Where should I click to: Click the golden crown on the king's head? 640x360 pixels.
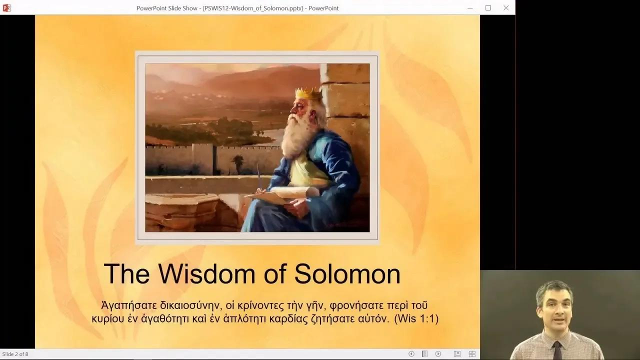click(x=308, y=93)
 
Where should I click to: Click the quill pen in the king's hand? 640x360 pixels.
click(x=259, y=178)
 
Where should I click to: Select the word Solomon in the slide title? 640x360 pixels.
click(x=347, y=274)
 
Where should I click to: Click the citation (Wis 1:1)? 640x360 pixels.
click(x=416, y=318)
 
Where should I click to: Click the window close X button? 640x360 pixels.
click(x=506, y=7)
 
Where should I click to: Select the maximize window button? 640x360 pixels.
click(x=488, y=7)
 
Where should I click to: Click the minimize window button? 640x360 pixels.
click(x=470, y=7)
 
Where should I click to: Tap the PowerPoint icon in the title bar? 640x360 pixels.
click(x=6, y=7)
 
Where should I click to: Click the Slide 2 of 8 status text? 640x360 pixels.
click(x=15, y=354)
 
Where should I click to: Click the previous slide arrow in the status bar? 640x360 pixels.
click(x=411, y=354)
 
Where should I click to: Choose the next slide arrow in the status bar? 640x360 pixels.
click(x=438, y=354)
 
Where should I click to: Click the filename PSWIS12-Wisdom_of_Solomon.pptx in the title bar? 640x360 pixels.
click(x=253, y=7)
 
